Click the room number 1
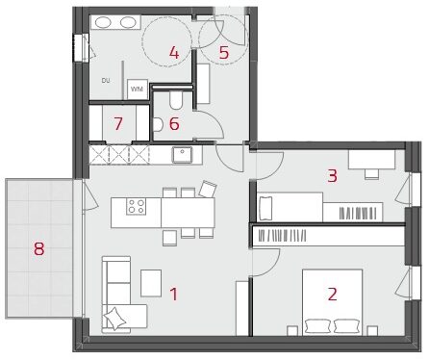[174, 294]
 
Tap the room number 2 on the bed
[333, 295]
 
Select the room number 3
[333, 176]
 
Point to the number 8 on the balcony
[39, 248]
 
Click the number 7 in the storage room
[118, 124]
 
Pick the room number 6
[174, 124]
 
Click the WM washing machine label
[137, 89]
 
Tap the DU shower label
[106, 81]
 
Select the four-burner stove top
[137, 206]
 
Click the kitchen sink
[182, 154]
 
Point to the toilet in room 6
[176, 101]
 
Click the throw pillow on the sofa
[114, 318]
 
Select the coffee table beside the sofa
[151, 283]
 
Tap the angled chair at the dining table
[208, 189]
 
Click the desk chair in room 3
[371, 173]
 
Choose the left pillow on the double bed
[317, 325]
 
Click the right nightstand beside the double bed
[372, 331]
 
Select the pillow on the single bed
[265, 209]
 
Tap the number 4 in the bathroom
[174, 53]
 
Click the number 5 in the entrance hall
[224, 53]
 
